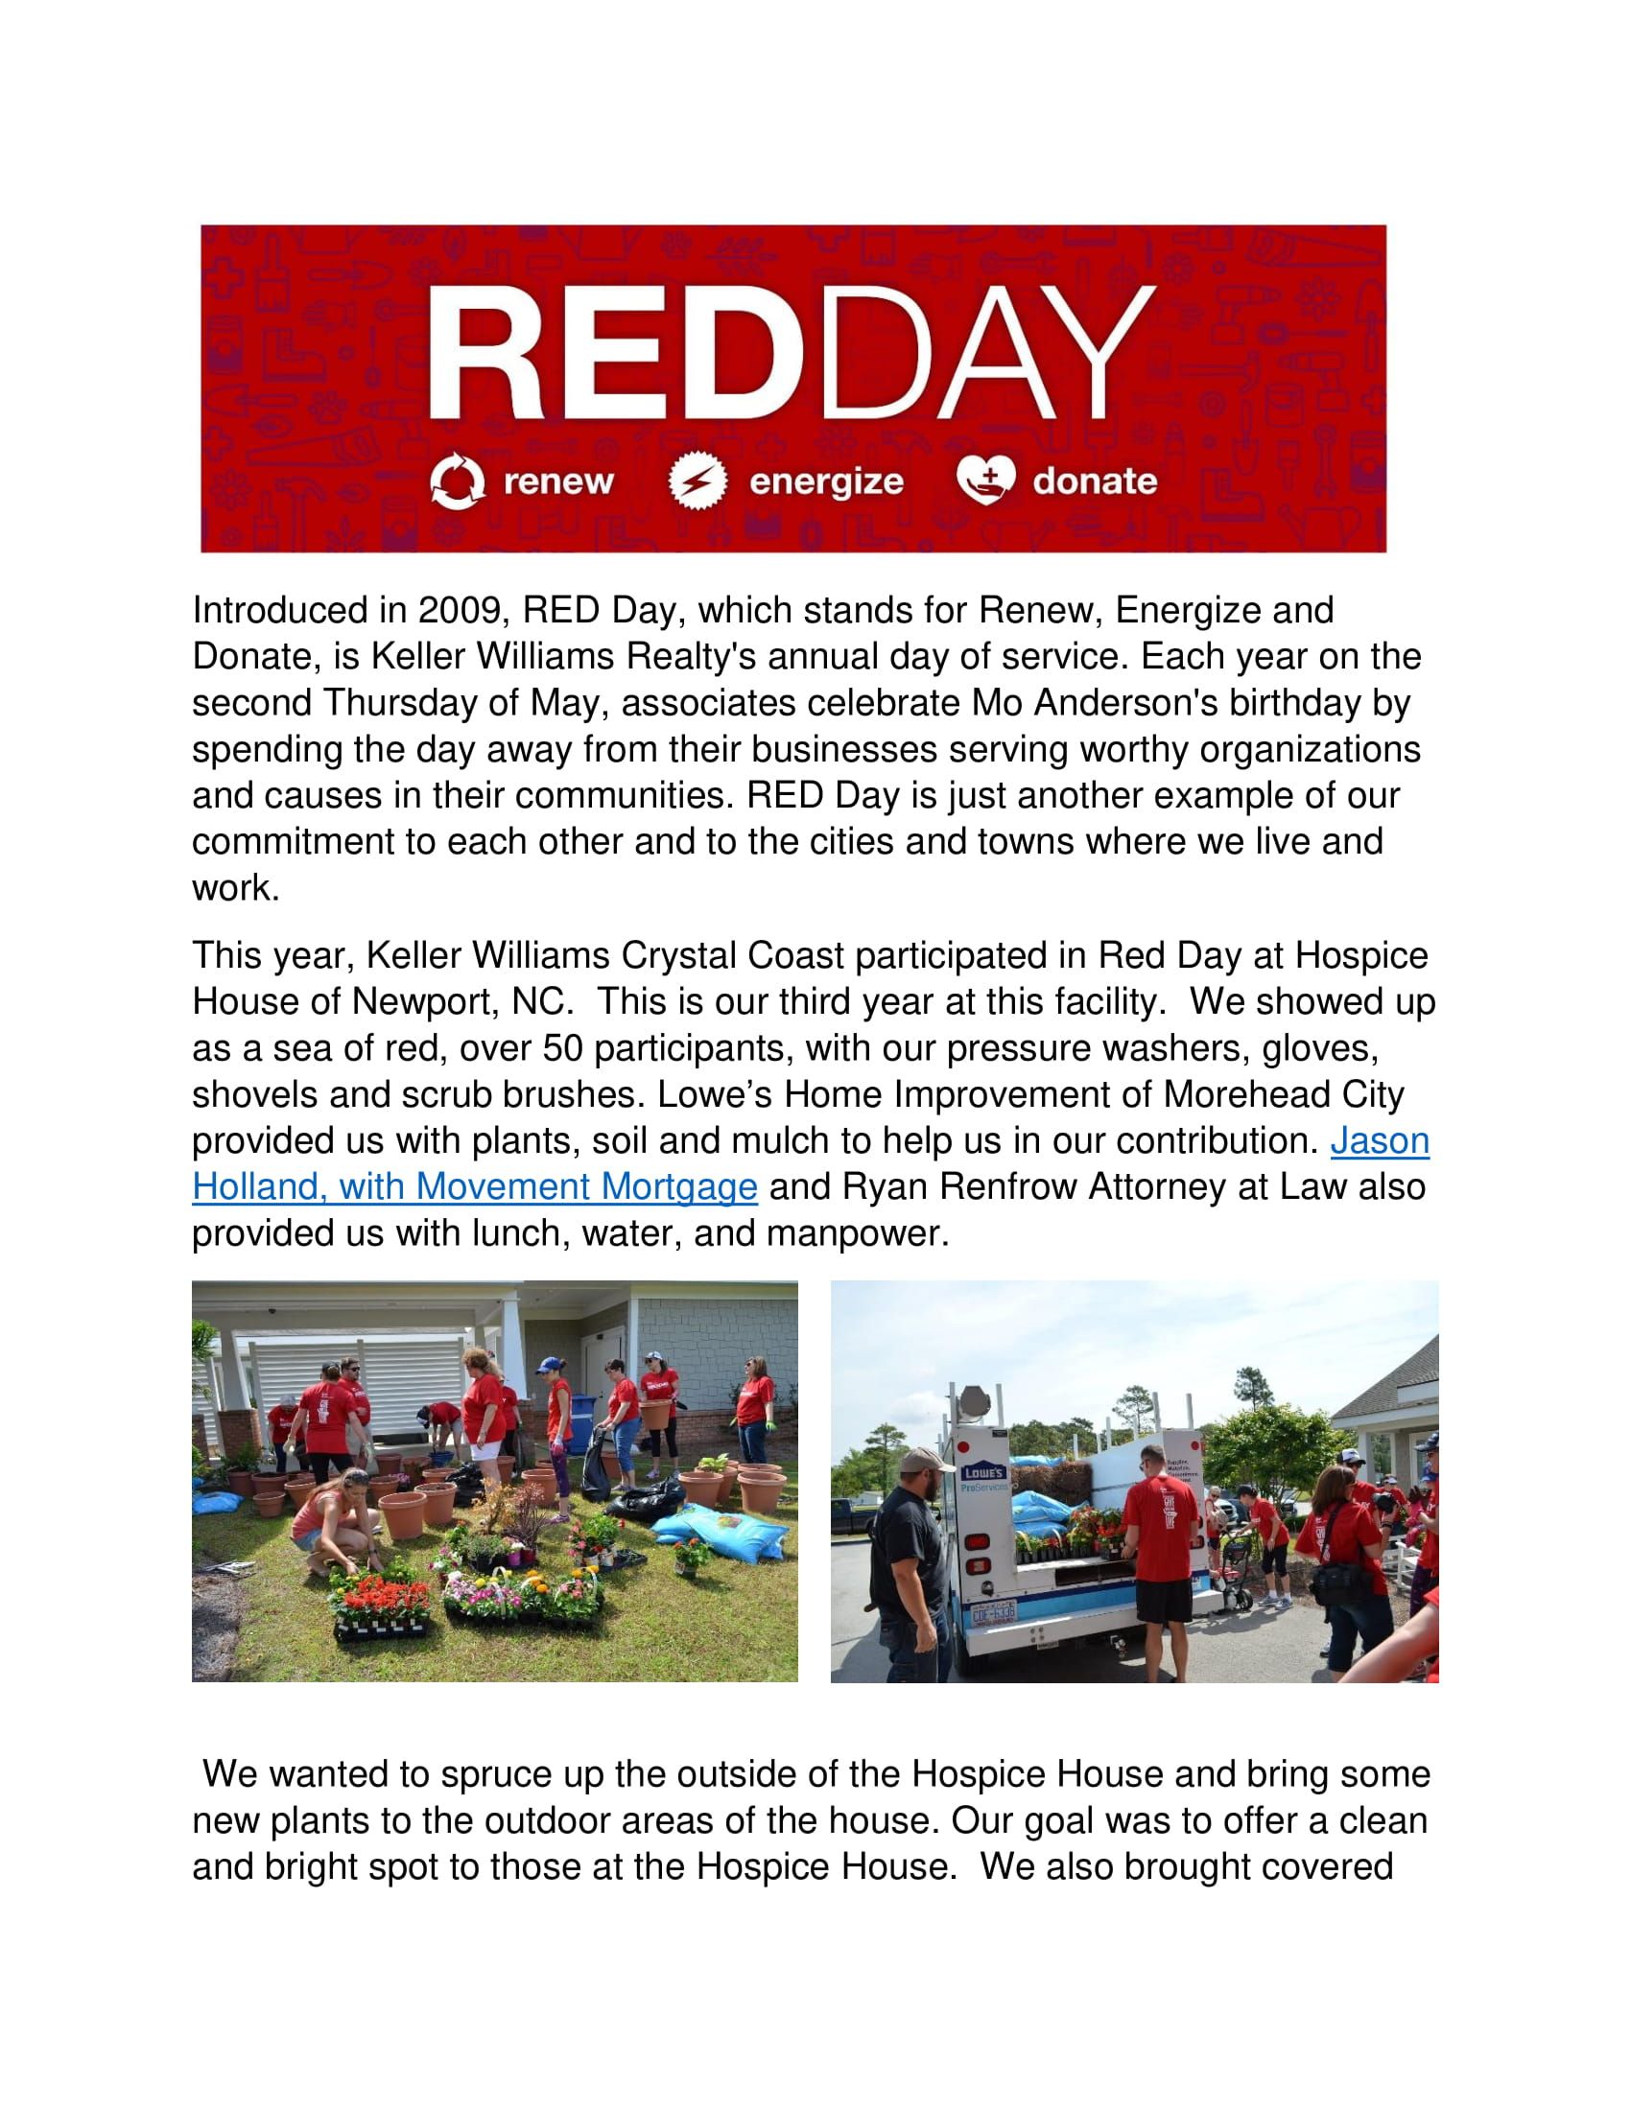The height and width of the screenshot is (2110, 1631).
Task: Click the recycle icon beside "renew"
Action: (x=458, y=482)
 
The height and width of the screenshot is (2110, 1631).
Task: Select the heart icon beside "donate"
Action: (x=985, y=481)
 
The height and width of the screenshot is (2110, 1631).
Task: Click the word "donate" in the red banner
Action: (x=1095, y=481)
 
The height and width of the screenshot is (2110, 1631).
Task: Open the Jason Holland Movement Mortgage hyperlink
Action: (x=474, y=1185)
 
